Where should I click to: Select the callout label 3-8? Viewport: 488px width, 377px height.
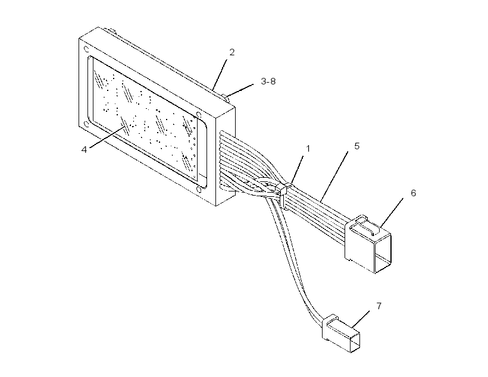(268, 81)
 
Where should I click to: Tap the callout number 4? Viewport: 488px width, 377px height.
(84, 150)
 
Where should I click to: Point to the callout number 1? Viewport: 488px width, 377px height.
(308, 149)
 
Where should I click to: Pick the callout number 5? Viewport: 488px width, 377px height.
(356, 146)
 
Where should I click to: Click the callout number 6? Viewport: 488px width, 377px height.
(413, 193)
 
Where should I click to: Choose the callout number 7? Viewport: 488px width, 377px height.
(378, 306)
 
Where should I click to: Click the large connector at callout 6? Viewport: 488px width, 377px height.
(368, 244)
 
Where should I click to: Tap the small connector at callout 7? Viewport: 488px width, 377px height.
(342, 333)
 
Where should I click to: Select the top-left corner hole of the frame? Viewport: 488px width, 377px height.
(86, 49)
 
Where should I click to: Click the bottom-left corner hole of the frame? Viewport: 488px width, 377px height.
(87, 124)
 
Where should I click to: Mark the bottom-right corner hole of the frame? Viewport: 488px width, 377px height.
(198, 190)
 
